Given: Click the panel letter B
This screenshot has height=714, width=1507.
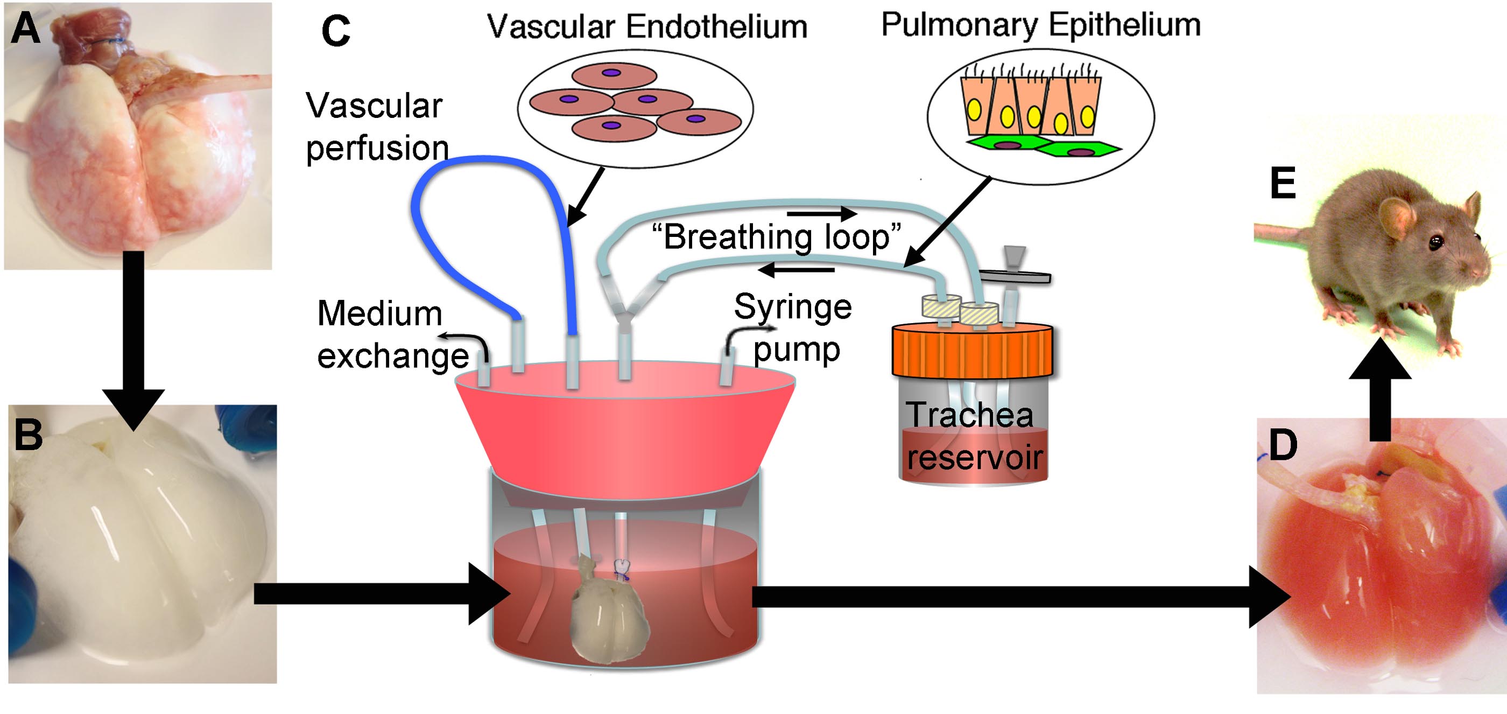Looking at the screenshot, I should point(28,435).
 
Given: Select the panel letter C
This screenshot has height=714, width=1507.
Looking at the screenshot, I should point(336,32).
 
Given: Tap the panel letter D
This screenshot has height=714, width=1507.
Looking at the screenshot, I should point(1283,445).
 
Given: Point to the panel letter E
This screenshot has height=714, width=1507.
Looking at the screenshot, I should point(1283,184).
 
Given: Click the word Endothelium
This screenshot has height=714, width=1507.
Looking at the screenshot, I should point(717,27).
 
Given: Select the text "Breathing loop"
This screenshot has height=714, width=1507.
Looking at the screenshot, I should point(776,237).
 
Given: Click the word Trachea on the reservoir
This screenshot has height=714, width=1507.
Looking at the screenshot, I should point(969,415).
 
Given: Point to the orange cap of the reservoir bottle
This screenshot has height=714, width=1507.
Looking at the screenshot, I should point(971,351).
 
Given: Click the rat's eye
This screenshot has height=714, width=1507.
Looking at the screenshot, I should point(1435,241).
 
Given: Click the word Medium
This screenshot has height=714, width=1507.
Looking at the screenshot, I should point(379,314).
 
